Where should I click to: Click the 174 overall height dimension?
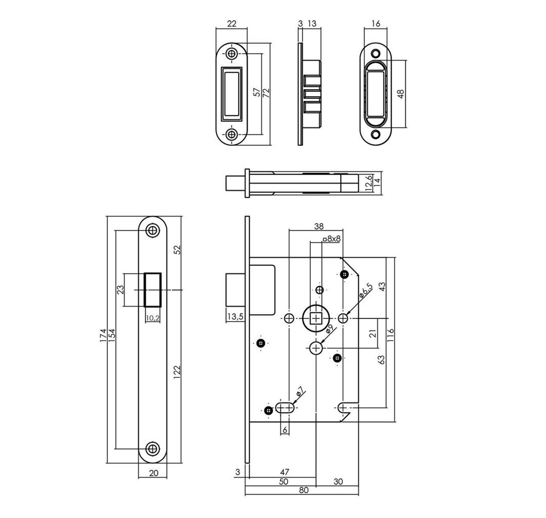[x=103, y=335]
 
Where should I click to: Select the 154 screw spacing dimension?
[x=112, y=335]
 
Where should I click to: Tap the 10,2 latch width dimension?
[x=152, y=318]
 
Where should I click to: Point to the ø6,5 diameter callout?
[x=365, y=290]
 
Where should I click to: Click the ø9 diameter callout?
[x=329, y=329]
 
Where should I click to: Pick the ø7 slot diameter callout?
[x=300, y=392]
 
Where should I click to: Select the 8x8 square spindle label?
[x=332, y=239]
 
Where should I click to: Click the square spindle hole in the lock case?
[x=316, y=318]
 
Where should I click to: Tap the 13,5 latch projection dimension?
[x=235, y=316]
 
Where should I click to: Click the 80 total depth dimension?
[x=304, y=490]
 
